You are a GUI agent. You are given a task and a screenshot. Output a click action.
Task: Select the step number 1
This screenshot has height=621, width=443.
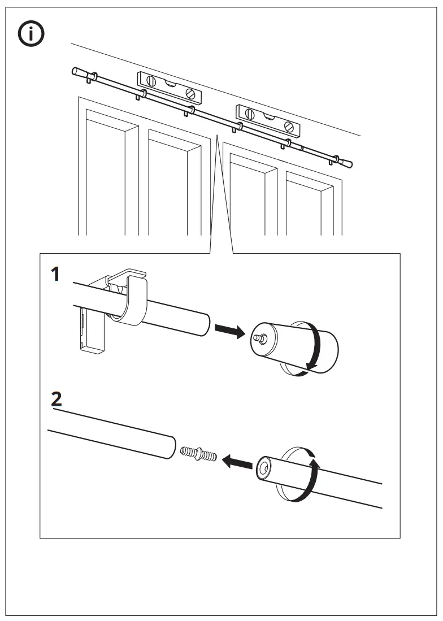tap(55, 275)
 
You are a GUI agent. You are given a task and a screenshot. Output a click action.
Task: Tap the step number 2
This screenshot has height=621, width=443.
tap(56, 399)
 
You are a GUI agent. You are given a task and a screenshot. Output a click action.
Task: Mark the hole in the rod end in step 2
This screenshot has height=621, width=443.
tap(263, 468)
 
